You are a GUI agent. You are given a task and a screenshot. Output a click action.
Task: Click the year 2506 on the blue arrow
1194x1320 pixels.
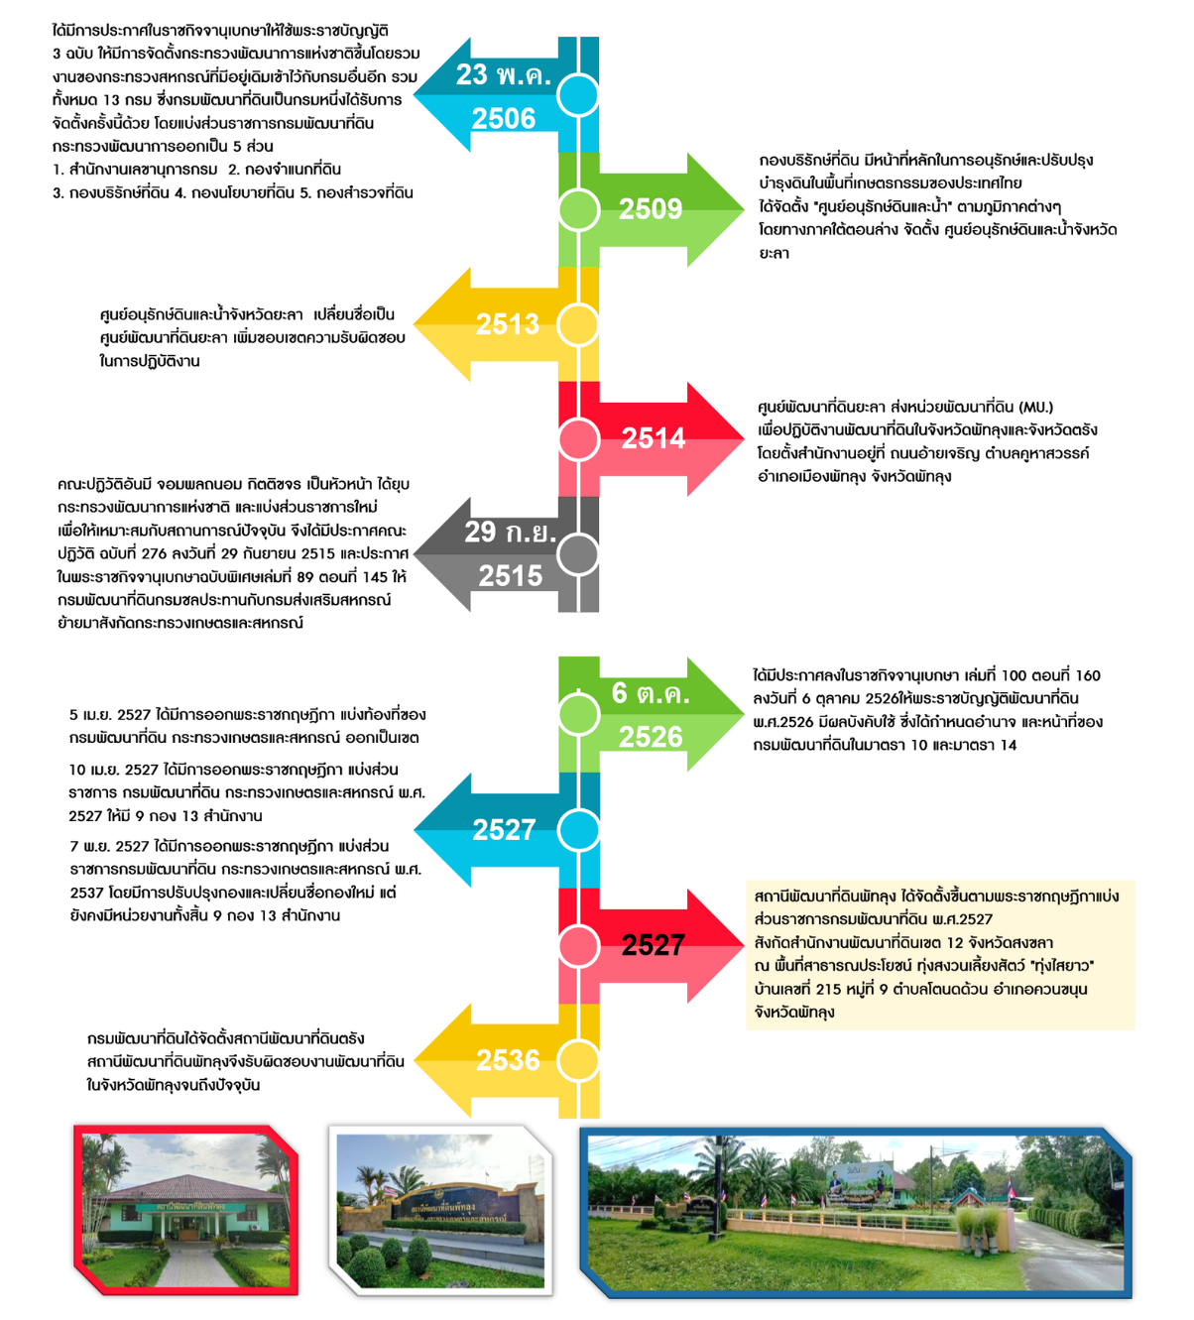point(503,119)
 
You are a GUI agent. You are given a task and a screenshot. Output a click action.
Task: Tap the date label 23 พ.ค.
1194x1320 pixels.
point(503,74)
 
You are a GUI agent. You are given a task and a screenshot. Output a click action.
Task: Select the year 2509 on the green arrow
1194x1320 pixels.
point(651,209)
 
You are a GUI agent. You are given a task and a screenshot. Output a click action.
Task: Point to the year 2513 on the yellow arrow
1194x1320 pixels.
point(507,324)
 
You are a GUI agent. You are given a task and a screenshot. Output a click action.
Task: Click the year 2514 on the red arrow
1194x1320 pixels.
point(653,438)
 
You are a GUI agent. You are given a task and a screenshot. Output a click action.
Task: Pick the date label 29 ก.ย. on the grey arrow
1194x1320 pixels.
point(510,532)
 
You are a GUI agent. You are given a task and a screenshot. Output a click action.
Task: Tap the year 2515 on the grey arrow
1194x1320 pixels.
point(510,576)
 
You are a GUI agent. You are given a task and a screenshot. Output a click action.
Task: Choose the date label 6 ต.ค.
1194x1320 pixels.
point(651,693)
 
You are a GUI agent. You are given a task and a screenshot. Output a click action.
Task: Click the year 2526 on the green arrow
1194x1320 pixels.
point(651,737)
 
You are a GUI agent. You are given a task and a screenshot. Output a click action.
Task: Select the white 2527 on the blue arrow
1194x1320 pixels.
point(504,829)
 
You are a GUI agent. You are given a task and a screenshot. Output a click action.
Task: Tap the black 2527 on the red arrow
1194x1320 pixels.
point(653,945)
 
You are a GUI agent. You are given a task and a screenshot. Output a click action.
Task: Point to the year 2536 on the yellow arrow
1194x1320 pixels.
point(508,1060)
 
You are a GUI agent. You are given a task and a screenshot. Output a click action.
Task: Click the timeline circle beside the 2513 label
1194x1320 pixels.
point(578,324)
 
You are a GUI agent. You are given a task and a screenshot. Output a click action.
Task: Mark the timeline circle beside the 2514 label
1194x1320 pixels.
point(578,438)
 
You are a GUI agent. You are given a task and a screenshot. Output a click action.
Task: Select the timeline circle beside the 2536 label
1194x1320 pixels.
point(578,1059)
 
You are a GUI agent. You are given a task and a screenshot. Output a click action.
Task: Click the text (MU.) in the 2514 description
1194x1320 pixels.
point(1035,407)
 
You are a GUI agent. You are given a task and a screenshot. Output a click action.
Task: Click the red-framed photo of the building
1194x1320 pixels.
point(185,1209)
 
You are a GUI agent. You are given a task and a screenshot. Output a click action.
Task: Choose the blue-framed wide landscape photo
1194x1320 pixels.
point(856,1213)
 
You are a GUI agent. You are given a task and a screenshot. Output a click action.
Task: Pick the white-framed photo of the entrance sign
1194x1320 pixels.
point(440,1211)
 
